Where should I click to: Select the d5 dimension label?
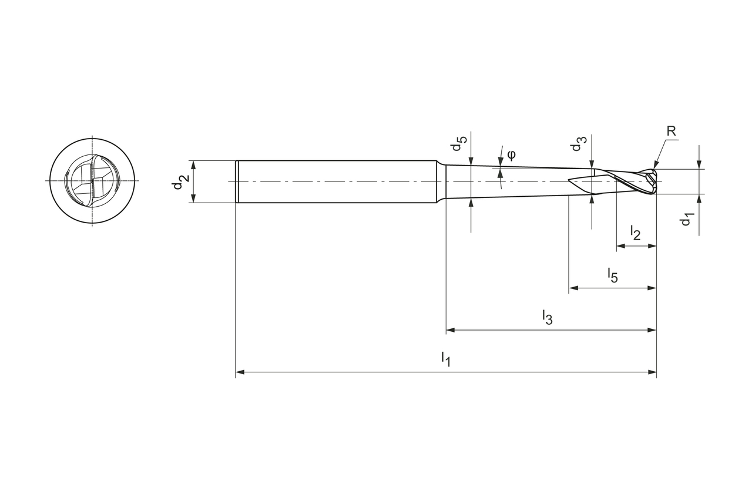coord(459,144)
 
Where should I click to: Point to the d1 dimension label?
coord(687,219)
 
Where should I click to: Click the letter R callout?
coord(671,131)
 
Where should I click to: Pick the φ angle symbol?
coord(511,154)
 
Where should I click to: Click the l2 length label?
coord(636,233)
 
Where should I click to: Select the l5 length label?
coord(613,274)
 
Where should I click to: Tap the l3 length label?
coord(547,317)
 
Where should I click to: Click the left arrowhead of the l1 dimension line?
coord(240,372)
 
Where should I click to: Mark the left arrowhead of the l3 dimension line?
coord(451,330)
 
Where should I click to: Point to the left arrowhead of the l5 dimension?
coord(573,288)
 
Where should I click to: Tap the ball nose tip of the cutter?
coord(654,181)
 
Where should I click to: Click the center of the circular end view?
coord(92,181)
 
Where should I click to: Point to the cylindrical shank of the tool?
coord(335,181)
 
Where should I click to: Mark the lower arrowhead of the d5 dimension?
coord(471,203)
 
